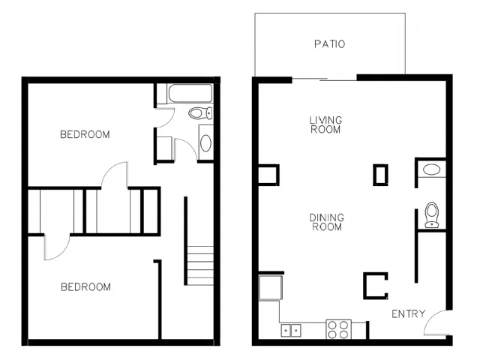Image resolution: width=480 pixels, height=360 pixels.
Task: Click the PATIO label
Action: (330, 44)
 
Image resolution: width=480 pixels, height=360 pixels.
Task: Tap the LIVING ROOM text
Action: (325, 125)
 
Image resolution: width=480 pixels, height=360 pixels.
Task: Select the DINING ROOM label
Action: (327, 222)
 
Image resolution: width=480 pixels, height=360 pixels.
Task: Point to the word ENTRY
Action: (408, 313)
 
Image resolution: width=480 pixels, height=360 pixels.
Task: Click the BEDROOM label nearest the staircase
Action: (85, 286)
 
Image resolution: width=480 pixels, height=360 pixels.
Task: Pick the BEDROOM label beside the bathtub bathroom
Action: (85, 134)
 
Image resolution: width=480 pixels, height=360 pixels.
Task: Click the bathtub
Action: (190, 93)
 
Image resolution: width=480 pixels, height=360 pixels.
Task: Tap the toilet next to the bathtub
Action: (200, 113)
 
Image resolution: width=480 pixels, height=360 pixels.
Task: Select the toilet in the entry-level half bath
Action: (432, 215)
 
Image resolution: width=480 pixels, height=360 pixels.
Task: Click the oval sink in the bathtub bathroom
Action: (205, 143)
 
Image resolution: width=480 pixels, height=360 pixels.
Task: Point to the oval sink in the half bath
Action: (431, 169)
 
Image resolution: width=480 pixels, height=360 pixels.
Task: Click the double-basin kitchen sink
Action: (291, 331)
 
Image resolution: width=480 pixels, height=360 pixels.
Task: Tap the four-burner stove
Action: (338, 329)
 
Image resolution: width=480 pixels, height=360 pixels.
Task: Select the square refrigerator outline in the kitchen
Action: (271, 287)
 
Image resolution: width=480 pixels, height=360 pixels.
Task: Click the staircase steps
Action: (200, 265)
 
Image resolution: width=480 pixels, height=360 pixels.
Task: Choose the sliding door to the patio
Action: (325, 79)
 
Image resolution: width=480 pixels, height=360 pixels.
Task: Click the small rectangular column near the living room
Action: (380, 175)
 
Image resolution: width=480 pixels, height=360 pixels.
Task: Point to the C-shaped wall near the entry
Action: (364, 286)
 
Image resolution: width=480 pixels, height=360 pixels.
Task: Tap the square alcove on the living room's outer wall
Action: (277, 175)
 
